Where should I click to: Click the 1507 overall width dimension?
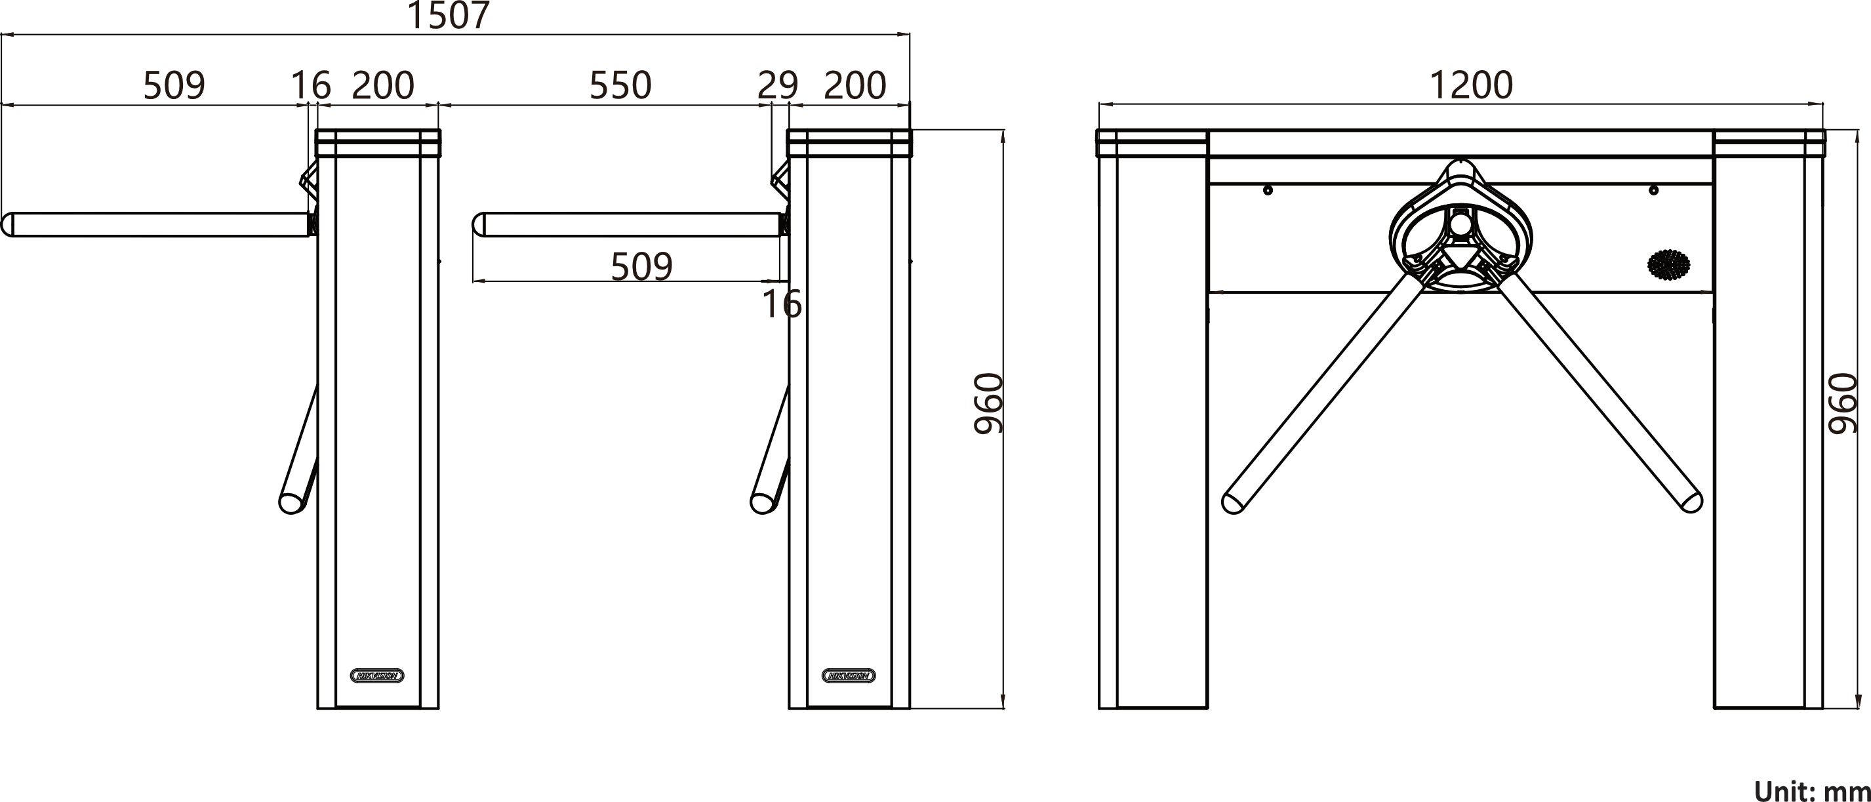(x=448, y=14)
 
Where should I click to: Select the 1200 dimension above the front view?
(x=1471, y=85)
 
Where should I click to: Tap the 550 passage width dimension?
(x=620, y=85)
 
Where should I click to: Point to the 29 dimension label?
(x=777, y=85)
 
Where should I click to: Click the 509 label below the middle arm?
(x=641, y=267)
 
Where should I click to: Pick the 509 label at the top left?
(x=174, y=85)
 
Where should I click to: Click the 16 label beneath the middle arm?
(x=782, y=304)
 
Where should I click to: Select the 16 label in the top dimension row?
(x=311, y=85)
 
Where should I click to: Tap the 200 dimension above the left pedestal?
(x=383, y=85)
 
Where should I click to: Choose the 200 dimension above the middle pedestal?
(x=855, y=85)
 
